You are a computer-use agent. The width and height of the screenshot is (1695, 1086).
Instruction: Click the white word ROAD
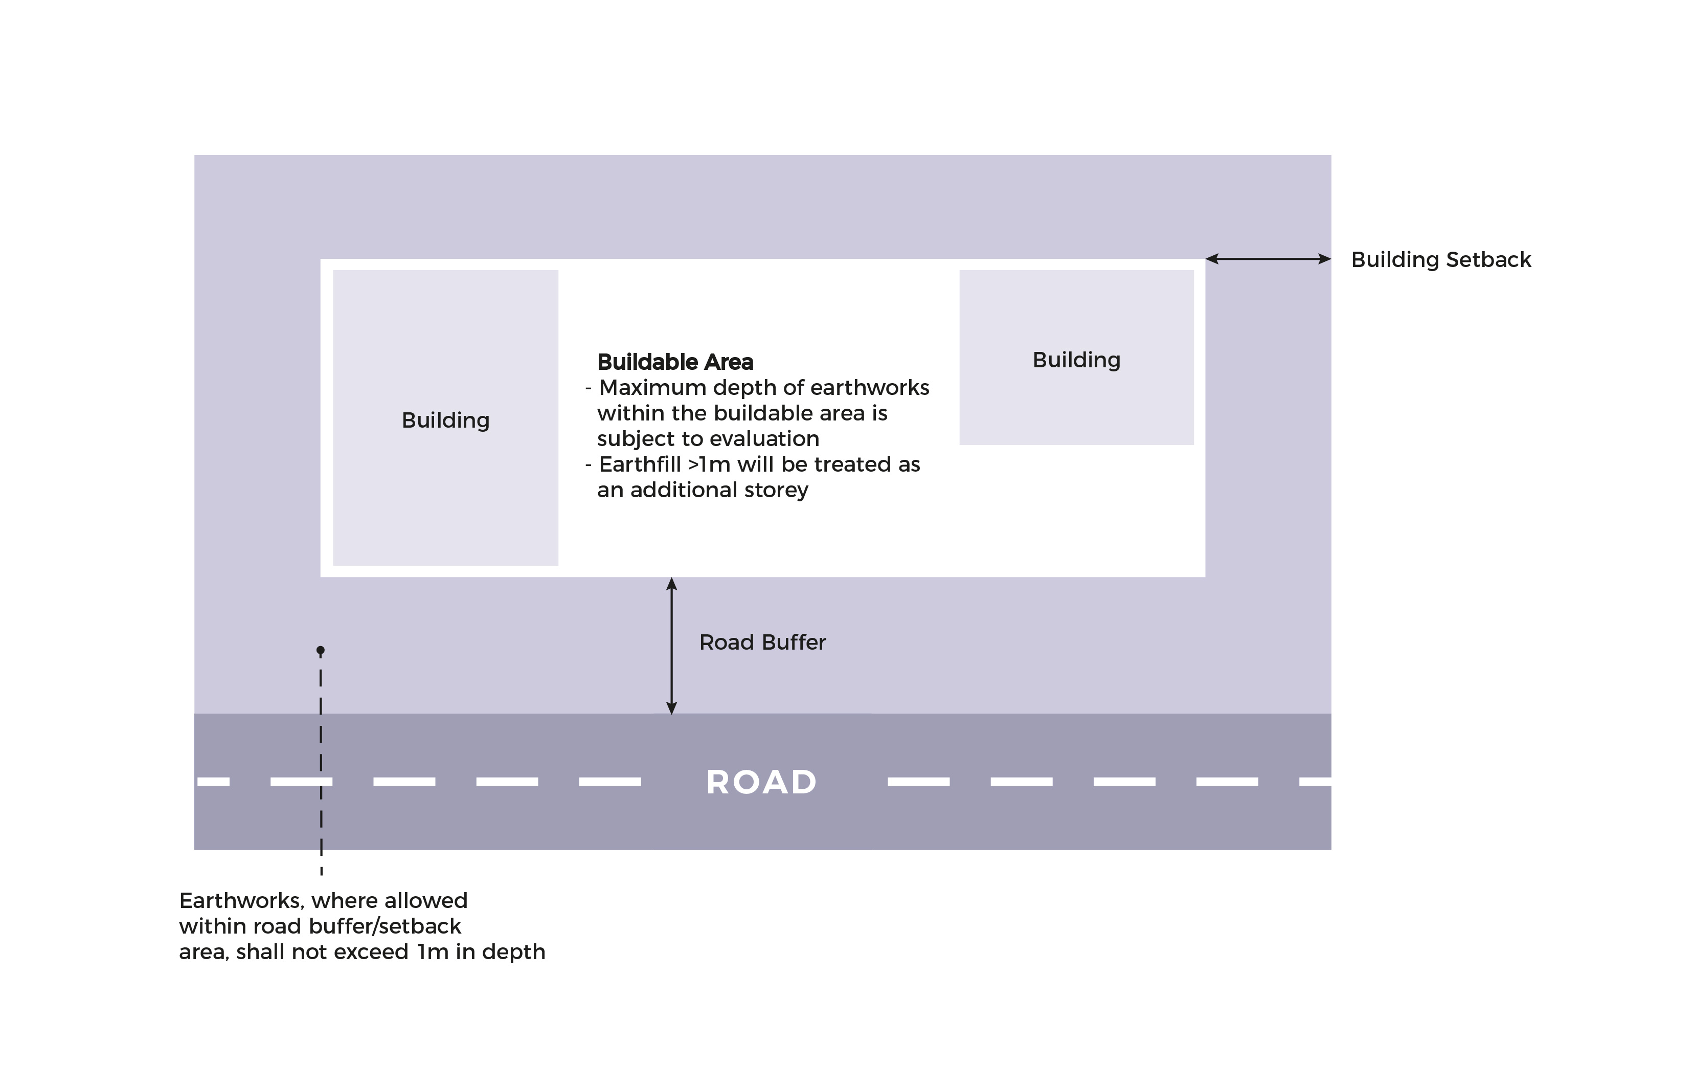[x=761, y=782]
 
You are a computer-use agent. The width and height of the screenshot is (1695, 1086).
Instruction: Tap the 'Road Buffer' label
[x=762, y=642]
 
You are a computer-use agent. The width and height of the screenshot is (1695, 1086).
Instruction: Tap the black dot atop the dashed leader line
[x=321, y=650]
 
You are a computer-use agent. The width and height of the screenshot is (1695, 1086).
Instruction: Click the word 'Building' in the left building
[x=445, y=420]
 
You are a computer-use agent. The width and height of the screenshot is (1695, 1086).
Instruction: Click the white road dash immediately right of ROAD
[x=918, y=781]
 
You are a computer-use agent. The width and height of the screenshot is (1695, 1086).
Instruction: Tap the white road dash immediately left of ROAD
[x=609, y=781]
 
